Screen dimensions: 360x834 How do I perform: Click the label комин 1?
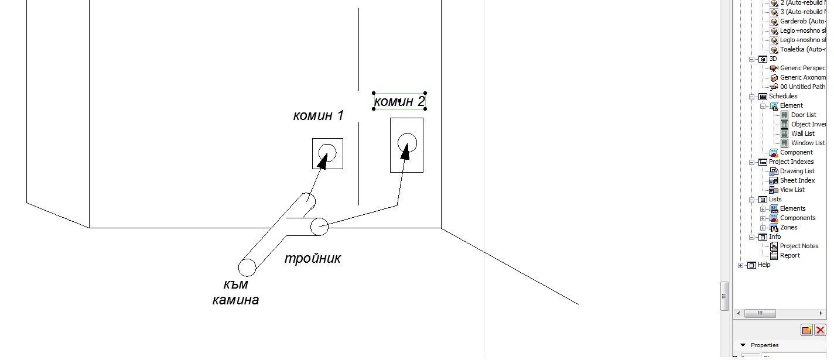pos(318,115)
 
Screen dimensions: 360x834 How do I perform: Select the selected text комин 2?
pos(399,102)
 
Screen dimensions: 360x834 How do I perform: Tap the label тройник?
pos(312,258)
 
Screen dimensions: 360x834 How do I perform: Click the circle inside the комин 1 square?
pos(327,153)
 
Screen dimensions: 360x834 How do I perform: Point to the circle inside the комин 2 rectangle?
pos(406,142)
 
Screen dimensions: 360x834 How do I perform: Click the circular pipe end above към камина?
pos(247,268)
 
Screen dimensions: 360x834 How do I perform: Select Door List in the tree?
pos(803,115)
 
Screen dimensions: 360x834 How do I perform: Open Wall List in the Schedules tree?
pos(802,133)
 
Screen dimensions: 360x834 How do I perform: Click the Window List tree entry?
pos(808,143)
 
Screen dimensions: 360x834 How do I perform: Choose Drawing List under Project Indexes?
pos(797,171)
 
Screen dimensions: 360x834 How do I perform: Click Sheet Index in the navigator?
pos(797,180)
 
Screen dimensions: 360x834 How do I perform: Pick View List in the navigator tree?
pos(792,190)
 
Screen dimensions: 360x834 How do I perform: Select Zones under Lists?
pos(788,227)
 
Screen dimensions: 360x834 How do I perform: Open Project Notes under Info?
pos(799,246)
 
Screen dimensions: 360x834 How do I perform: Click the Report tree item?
pos(789,255)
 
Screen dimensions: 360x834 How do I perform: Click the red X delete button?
pos(820,330)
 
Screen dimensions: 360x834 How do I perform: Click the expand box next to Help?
pos(741,265)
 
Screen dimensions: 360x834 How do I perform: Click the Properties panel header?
pos(764,345)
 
